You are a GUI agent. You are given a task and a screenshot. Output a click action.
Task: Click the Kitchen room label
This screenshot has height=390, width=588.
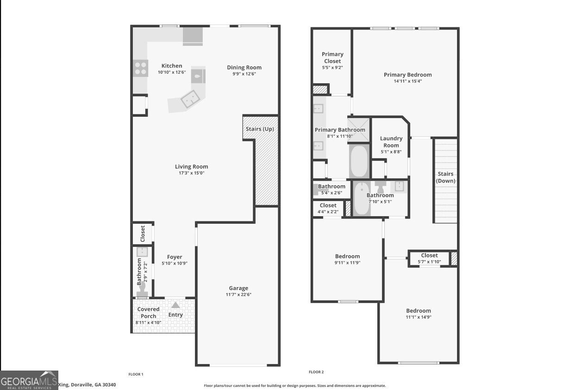pyautogui.click(x=171, y=66)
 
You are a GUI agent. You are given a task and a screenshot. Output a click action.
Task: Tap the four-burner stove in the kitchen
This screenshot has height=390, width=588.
pyautogui.click(x=141, y=69)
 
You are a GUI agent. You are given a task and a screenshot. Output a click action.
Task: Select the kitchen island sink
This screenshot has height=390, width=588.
pyautogui.click(x=189, y=99)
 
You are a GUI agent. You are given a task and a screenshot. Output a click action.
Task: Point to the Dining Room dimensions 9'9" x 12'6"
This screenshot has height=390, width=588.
pyautogui.click(x=244, y=74)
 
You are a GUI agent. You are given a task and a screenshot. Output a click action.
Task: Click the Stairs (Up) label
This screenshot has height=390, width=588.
pyautogui.click(x=260, y=129)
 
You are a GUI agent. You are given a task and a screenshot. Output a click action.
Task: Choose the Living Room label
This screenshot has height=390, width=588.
pyautogui.click(x=191, y=167)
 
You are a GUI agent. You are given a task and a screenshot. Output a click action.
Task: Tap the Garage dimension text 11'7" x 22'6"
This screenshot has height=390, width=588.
pyautogui.click(x=238, y=295)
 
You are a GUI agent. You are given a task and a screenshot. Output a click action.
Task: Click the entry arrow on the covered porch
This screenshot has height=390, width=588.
pyautogui.click(x=175, y=305)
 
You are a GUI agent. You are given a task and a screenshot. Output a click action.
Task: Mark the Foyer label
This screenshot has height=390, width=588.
pyautogui.click(x=175, y=257)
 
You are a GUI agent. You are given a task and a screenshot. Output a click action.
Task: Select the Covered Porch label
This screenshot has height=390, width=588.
pyautogui.click(x=149, y=313)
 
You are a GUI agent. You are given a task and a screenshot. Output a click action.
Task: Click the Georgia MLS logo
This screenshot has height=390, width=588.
pyautogui.click(x=29, y=380)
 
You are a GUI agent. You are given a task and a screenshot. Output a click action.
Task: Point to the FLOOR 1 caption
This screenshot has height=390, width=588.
pyautogui.click(x=136, y=374)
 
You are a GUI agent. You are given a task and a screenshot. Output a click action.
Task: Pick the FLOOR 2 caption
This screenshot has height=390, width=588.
pyautogui.click(x=316, y=372)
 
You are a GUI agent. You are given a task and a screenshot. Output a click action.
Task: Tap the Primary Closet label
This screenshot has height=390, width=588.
pyautogui.click(x=332, y=58)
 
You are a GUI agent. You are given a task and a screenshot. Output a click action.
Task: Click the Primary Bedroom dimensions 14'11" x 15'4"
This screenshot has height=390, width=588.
pyautogui.click(x=407, y=81)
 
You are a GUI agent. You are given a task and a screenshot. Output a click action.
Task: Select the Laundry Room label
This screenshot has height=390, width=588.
pyautogui.click(x=391, y=142)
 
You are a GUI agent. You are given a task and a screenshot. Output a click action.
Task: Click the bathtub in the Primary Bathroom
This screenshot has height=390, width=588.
pyautogui.click(x=358, y=161)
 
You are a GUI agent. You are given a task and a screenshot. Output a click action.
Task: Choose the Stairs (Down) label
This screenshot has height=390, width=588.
pyautogui.click(x=445, y=177)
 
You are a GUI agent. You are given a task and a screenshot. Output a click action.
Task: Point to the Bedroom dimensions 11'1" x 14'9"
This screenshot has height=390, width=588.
pyautogui.click(x=419, y=317)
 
